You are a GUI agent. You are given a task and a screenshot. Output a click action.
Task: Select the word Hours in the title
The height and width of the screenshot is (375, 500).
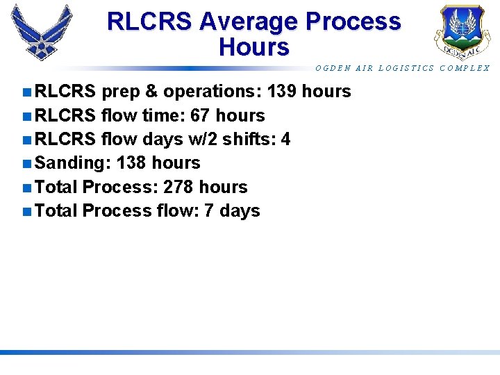[x=253, y=47]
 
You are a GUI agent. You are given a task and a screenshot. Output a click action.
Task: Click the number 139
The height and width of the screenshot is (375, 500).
[x=284, y=92]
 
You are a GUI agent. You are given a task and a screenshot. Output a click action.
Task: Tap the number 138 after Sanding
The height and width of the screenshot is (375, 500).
[x=132, y=163]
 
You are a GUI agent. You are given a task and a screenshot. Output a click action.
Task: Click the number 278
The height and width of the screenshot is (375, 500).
[x=178, y=187]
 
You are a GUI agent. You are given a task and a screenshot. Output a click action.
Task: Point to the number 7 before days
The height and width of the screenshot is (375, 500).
[x=208, y=211]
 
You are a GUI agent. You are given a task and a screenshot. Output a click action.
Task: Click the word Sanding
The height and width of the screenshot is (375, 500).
[x=73, y=163]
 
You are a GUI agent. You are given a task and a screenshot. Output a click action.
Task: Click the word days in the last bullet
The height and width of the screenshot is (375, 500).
[x=239, y=211]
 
